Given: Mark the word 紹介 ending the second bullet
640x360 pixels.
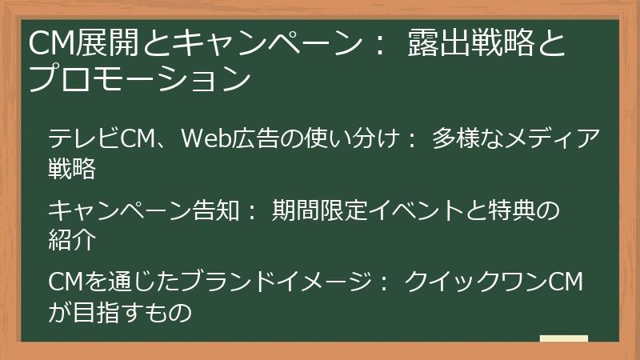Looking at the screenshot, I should [72, 240].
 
